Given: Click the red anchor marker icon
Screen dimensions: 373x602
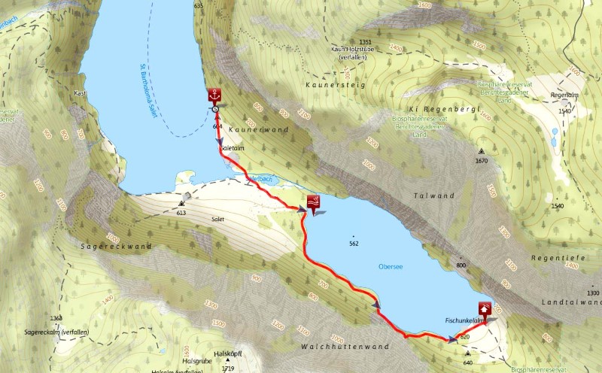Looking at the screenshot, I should click(215, 96).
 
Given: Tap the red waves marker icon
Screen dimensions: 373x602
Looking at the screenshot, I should click(312, 202).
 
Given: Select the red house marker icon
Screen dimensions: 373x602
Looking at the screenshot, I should click(485, 308).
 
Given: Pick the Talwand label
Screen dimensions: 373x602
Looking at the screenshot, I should click(434, 196).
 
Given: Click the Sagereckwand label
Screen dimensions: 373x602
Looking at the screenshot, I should click(117, 246).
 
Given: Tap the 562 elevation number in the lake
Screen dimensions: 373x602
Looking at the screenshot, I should click(354, 244).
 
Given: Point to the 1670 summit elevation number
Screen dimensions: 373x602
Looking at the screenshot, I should click(481, 161).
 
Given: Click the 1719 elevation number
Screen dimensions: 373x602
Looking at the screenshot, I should click(229, 368).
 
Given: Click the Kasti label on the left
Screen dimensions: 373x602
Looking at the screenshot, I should click(81, 92).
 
